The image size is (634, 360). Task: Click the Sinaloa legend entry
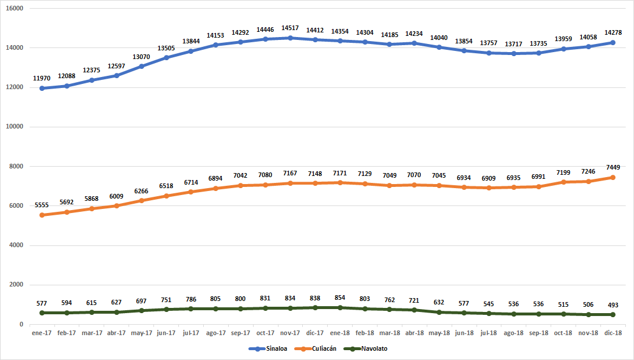click(267, 348)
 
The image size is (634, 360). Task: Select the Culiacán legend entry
click(316, 348)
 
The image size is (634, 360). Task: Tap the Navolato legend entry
click(365, 348)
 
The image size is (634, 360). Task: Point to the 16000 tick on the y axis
click(14, 9)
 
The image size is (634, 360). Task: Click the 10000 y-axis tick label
click(14, 127)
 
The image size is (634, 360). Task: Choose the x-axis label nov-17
click(290, 333)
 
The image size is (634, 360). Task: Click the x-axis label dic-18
click(613, 333)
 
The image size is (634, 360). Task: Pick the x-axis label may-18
click(439, 333)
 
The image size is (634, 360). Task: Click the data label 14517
click(290, 28)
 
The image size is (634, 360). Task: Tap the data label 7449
click(613, 167)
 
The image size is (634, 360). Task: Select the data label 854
click(340, 297)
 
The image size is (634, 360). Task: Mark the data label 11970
click(42, 78)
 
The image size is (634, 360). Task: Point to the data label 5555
click(42, 205)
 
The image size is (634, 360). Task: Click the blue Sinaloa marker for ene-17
click(42, 89)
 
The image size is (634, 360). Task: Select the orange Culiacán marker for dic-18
click(613, 177)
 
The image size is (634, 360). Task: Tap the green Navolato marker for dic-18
click(613, 315)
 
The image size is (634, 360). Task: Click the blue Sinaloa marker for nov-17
click(290, 38)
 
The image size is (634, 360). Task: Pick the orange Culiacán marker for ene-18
click(340, 183)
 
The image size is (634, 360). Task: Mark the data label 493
click(613, 305)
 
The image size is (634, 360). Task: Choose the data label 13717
click(514, 44)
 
